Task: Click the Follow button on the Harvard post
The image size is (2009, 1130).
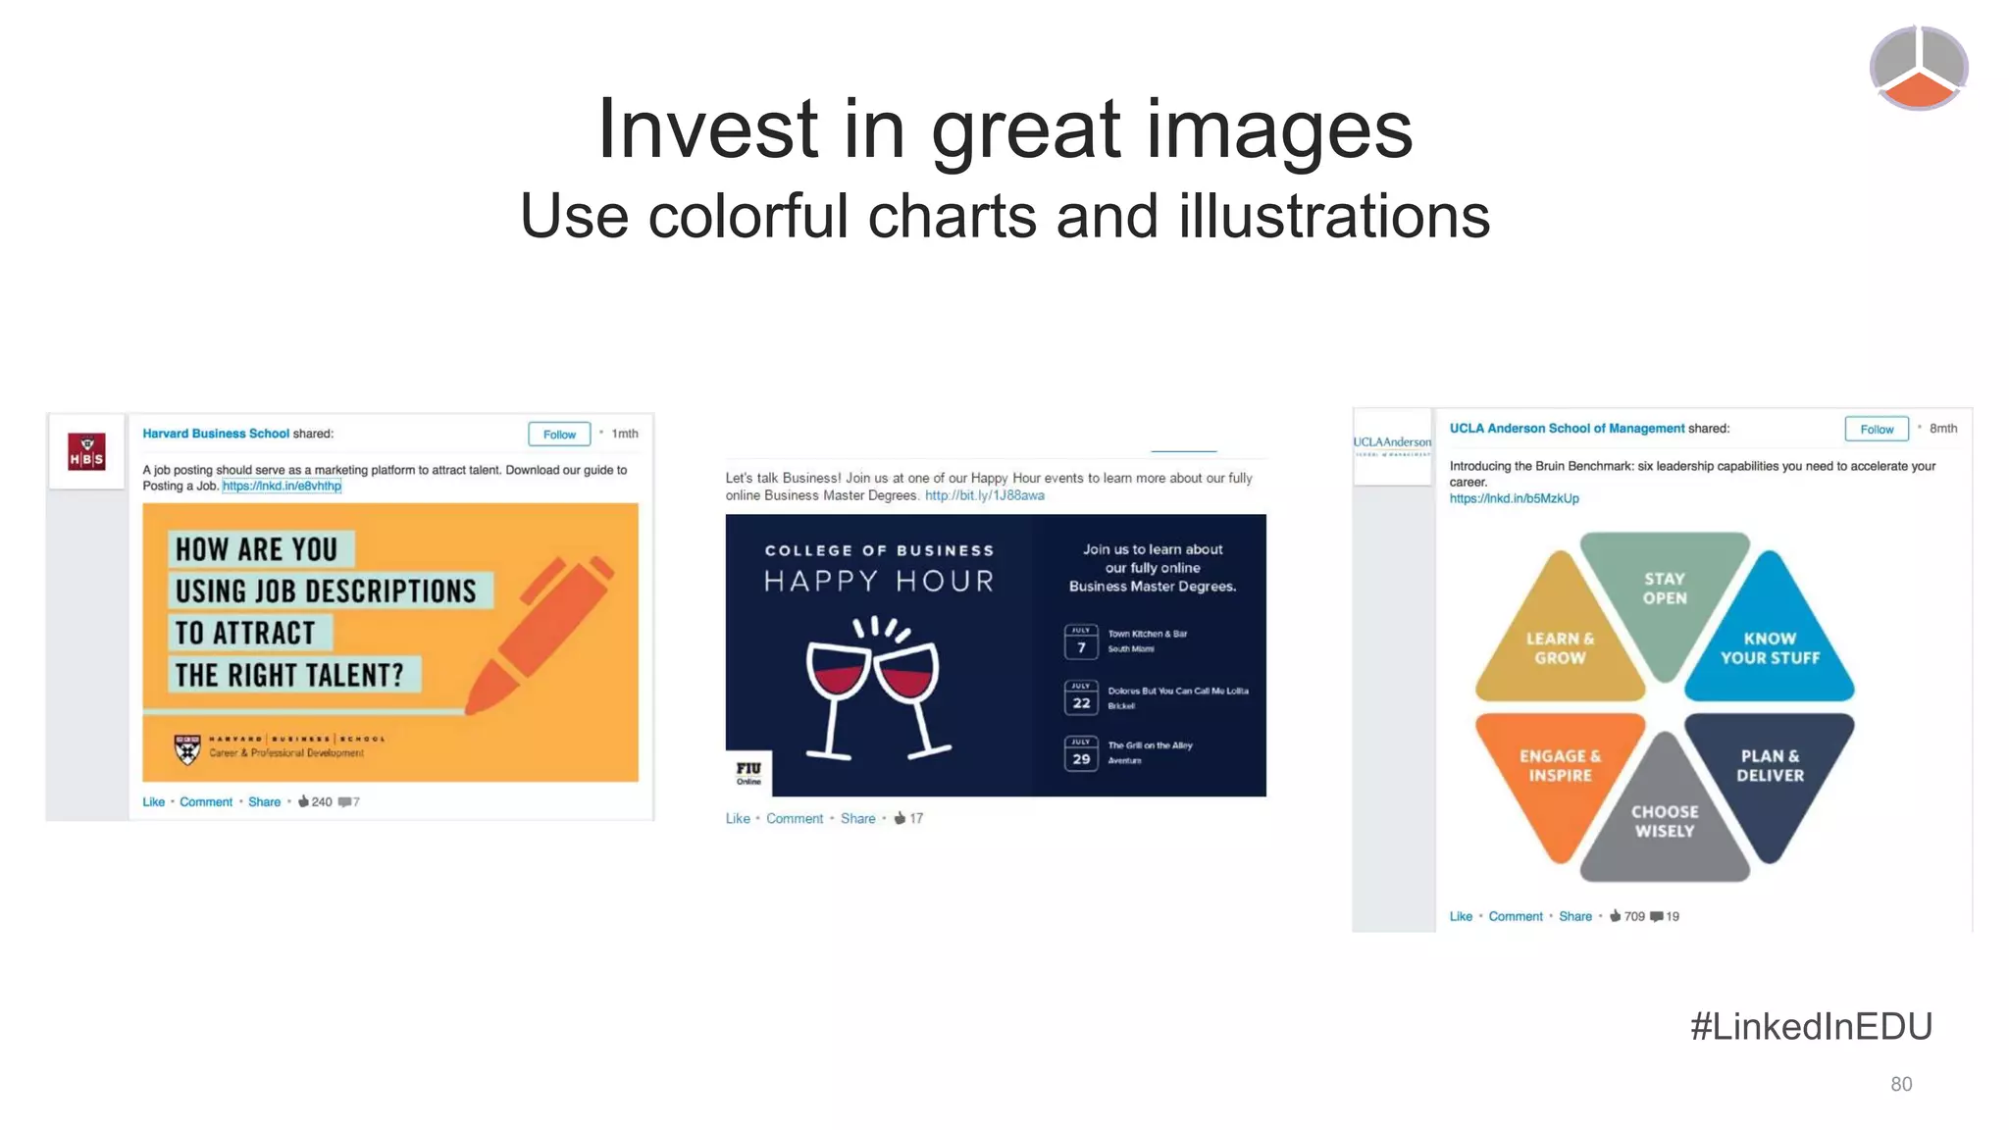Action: click(x=559, y=435)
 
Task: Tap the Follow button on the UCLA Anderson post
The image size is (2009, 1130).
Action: click(x=1876, y=430)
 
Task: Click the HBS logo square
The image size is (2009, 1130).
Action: click(x=86, y=452)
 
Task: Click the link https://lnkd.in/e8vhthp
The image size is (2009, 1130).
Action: click(x=282, y=487)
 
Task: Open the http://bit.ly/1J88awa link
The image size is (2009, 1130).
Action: click(x=984, y=495)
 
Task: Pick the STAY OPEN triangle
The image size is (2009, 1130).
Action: click(x=1665, y=593)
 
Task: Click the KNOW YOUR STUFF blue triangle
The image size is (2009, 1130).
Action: click(x=1770, y=642)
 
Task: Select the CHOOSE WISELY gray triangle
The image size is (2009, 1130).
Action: click(x=1665, y=819)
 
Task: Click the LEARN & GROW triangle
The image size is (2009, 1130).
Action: click(x=1560, y=642)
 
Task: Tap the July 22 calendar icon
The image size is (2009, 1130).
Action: click(x=1081, y=698)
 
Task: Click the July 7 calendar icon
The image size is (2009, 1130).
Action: click(x=1081, y=642)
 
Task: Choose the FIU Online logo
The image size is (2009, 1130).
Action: click(x=748, y=773)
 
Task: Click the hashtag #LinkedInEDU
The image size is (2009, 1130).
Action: click(x=1811, y=1027)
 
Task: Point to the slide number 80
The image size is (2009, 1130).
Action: click(x=1901, y=1084)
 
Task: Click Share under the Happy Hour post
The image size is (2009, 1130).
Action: click(x=857, y=819)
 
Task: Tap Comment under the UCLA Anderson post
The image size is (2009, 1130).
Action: click(x=1515, y=916)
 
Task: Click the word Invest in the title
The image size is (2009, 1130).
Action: click(x=706, y=129)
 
